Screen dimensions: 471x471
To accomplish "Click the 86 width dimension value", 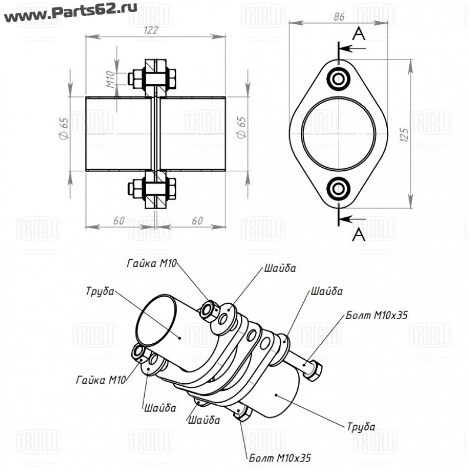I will (x=339, y=16).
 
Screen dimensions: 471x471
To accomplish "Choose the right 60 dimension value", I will (x=197, y=221).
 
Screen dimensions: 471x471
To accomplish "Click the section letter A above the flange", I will (x=359, y=35).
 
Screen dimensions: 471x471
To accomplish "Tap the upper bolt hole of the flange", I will (x=339, y=78).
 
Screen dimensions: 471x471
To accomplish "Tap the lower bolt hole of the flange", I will (x=339, y=189).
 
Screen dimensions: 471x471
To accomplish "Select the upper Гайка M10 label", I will (x=152, y=263).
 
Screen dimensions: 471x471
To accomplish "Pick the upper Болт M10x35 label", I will (x=377, y=315).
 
